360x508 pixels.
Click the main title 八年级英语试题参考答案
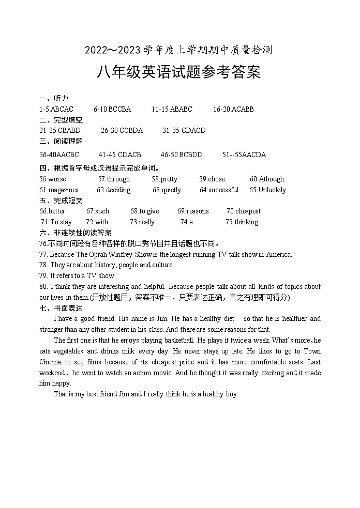(178, 72)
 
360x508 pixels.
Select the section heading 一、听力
(54, 98)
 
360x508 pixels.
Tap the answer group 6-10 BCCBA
(112, 109)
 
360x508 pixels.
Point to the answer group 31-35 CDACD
(184, 130)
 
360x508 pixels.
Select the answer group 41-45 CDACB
(119, 155)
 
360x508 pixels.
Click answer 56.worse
(53, 179)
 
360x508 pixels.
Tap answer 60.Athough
(267, 179)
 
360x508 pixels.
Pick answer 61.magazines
(59, 190)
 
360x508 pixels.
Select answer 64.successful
(219, 190)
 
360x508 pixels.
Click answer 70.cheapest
(244, 211)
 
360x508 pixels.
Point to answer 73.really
(142, 222)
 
